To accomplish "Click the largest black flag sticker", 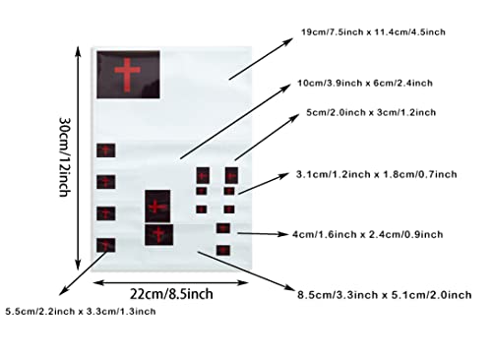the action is tap(128, 75).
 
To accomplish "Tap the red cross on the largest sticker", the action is tap(127, 75).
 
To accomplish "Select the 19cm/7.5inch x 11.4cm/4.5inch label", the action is tap(373, 32).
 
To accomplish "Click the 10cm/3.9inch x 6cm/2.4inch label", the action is tap(365, 83).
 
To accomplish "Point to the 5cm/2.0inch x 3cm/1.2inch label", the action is tap(371, 112).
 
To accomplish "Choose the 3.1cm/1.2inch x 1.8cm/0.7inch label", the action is tap(377, 174).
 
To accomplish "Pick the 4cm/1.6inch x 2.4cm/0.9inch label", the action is tap(368, 234).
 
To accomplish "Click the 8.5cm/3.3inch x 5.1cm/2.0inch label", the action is tap(385, 295).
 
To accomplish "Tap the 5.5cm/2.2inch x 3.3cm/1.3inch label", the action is tap(81, 311).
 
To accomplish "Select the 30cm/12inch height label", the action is tap(65, 156).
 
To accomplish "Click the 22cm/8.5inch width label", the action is tap(171, 294).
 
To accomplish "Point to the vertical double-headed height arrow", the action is tap(78, 158).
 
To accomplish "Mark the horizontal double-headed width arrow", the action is tap(170, 282).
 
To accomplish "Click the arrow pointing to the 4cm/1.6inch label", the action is tap(263, 234).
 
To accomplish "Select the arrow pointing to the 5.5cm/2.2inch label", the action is tap(83, 273).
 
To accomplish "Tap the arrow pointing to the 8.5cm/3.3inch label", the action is tap(246, 270).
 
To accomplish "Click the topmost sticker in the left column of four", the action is tap(106, 150).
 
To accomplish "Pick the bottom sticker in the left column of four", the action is tap(106, 245).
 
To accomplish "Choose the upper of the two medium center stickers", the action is tap(157, 207).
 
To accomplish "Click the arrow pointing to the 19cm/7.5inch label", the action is tap(261, 59).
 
